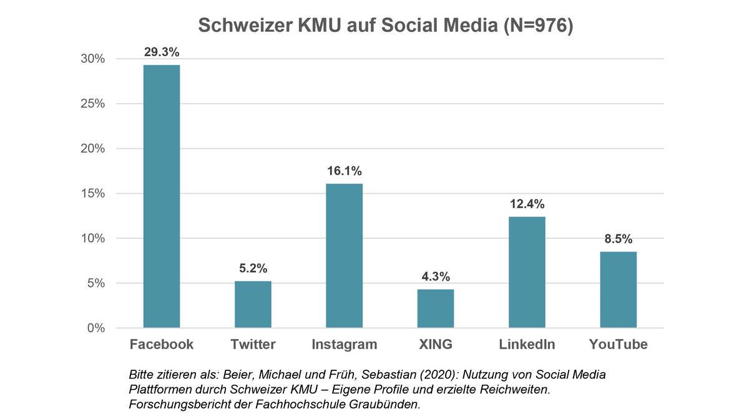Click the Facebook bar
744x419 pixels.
coord(162,196)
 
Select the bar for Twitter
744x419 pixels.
coord(253,304)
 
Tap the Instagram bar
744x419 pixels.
coord(344,256)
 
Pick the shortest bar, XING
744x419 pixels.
coord(436,309)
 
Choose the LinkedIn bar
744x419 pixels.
coord(527,272)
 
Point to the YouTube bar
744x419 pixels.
coord(618,289)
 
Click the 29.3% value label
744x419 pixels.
coord(162,52)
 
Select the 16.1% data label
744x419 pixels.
coord(344,171)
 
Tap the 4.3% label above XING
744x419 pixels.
coord(436,277)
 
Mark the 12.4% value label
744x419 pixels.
coord(527,204)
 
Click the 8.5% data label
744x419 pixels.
coord(618,239)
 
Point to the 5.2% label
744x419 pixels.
coord(253,269)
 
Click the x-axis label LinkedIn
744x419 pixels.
coord(527,345)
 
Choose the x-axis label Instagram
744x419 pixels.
coord(344,345)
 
